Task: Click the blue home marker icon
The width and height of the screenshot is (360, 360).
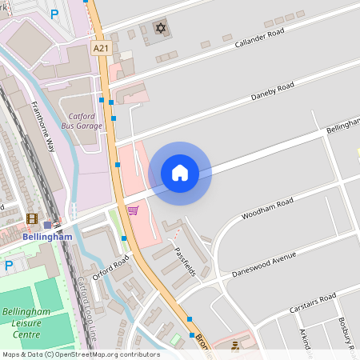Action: [x=180, y=173]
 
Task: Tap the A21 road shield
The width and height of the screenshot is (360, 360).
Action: [x=101, y=49]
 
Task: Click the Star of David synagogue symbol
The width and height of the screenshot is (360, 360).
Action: [x=160, y=28]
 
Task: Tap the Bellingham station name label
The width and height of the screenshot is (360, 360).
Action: [x=48, y=237]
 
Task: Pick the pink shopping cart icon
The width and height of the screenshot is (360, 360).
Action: [x=133, y=210]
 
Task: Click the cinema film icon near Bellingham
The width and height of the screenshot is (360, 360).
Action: [x=31, y=218]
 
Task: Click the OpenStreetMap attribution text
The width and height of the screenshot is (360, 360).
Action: [x=70, y=354]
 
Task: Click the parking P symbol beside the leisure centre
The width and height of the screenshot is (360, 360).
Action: [x=9, y=265]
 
